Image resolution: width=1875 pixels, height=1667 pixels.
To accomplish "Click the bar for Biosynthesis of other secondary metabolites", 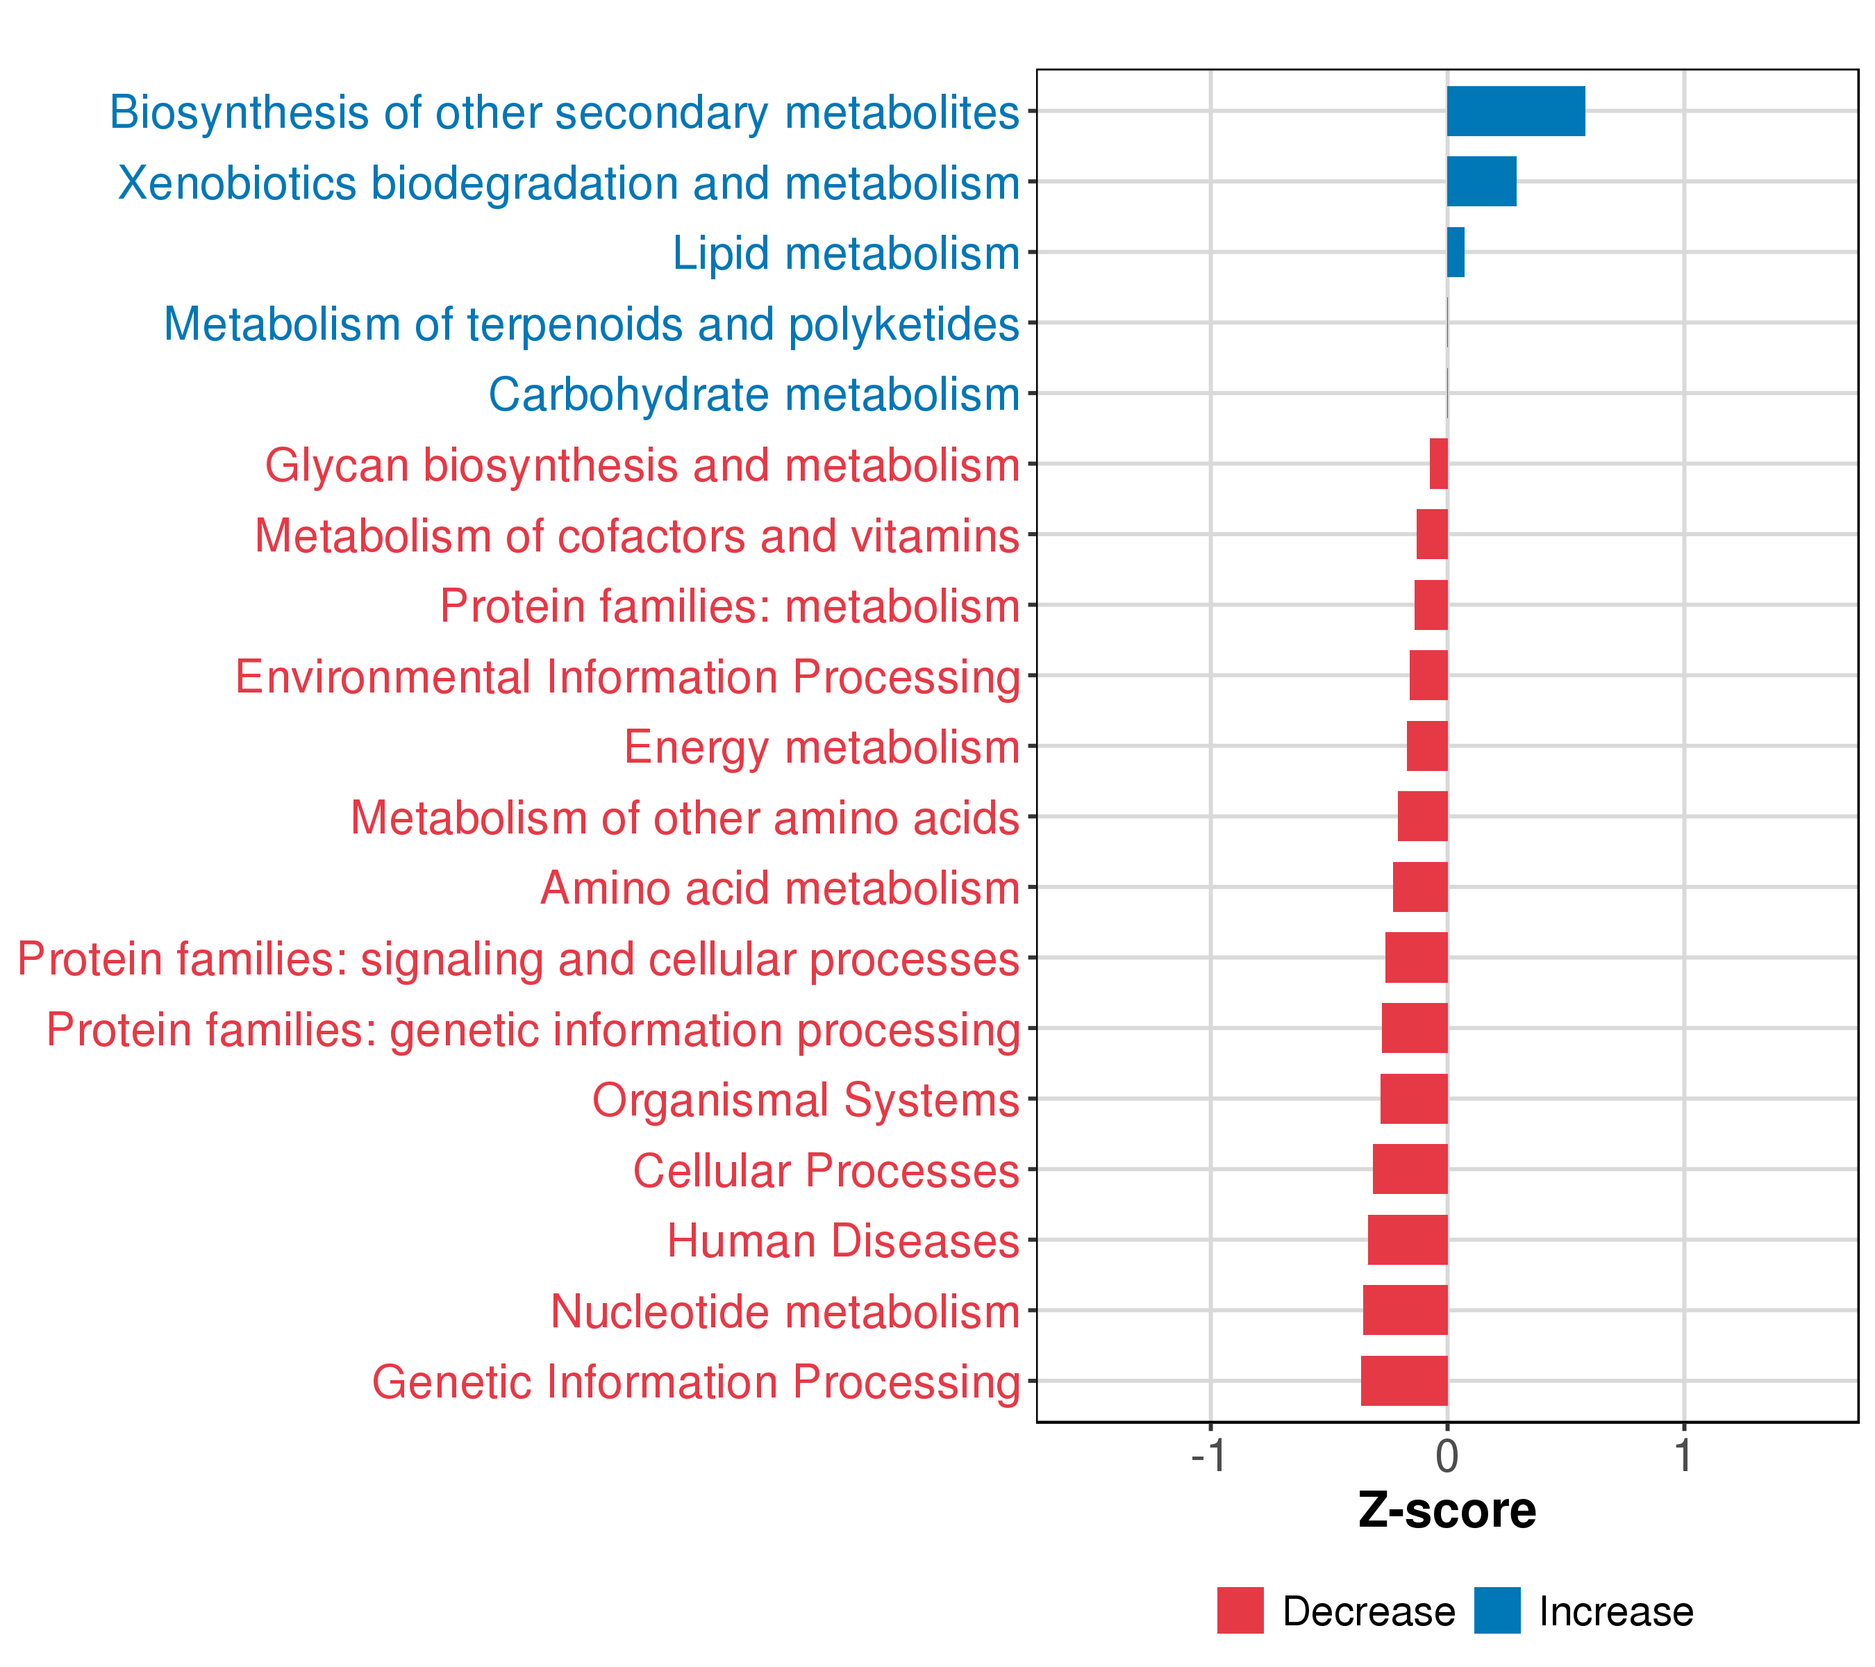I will (x=1515, y=111).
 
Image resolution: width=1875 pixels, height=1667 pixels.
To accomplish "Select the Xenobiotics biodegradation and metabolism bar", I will (x=1481, y=182).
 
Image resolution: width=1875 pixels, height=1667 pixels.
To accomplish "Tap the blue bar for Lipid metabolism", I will (x=1456, y=252).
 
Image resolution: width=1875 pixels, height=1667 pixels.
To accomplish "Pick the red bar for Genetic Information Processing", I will (x=1404, y=1381).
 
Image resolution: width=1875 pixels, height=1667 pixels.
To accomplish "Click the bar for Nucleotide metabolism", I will (x=1406, y=1310).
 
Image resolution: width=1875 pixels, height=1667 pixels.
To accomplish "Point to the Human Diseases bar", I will (x=1408, y=1239).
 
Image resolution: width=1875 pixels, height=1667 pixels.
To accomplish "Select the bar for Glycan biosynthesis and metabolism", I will (x=1440, y=464).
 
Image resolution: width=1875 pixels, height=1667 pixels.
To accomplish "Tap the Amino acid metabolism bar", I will (x=1420, y=887).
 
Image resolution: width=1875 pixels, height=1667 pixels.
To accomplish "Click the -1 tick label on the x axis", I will (x=1208, y=1457).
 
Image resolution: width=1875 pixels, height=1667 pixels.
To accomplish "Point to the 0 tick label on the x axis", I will (x=1447, y=1457).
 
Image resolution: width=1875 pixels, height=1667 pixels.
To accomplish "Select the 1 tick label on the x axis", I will (x=1683, y=1457).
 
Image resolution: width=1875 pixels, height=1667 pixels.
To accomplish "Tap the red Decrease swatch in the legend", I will (x=1240, y=1611).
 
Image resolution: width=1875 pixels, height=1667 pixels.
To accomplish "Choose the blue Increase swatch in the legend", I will (x=1497, y=1611).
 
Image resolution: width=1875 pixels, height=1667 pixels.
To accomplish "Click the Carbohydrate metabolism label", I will (x=754, y=395).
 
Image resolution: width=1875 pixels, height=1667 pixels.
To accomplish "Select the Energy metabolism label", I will (x=822, y=747).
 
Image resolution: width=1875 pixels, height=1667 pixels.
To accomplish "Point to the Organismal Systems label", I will (x=806, y=1099).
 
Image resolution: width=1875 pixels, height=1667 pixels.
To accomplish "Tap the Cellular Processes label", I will (x=826, y=1170).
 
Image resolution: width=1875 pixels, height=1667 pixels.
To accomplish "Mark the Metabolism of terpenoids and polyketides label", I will (x=592, y=324).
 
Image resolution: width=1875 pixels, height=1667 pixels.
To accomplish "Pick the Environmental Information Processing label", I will (x=628, y=677).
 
